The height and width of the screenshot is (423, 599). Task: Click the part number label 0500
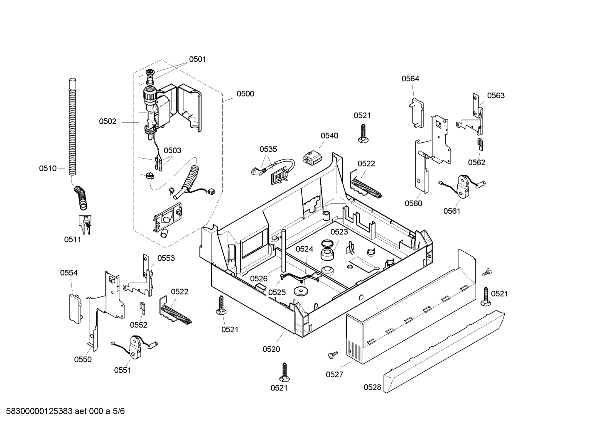point(245,94)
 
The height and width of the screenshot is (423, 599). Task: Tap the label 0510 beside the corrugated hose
point(48,169)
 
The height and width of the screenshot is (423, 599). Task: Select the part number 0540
point(329,136)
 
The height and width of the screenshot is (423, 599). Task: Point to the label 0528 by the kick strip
point(373,387)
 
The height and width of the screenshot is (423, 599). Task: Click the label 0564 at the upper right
point(410,78)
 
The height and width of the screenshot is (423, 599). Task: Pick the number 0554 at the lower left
point(69,273)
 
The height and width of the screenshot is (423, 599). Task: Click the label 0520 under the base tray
point(271,349)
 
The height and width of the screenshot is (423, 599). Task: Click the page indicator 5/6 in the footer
point(119,411)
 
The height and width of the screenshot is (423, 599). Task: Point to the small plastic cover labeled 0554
point(75,308)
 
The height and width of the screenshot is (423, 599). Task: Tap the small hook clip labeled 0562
point(480,144)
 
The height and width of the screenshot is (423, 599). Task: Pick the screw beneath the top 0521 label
point(363,133)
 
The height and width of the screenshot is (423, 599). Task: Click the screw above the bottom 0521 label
point(285,372)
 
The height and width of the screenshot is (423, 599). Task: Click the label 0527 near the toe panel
point(334,374)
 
